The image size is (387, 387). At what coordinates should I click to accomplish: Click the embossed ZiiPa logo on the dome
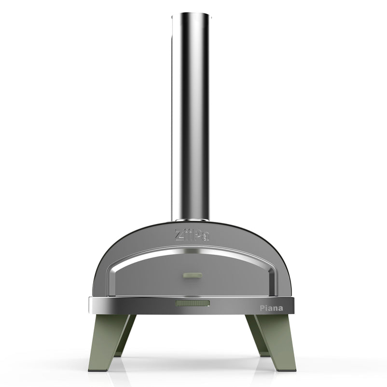(192, 235)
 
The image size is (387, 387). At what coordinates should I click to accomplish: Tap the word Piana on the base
(271, 308)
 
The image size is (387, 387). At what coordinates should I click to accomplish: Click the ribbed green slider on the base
(193, 303)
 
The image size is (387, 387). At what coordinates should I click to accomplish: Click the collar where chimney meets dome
(191, 220)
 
